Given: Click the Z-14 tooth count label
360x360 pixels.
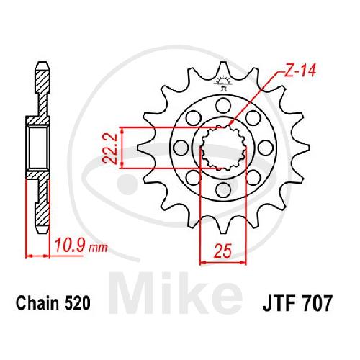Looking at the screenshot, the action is pyautogui.click(x=300, y=71).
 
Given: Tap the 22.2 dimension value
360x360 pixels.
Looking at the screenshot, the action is pyautogui.click(x=109, y=149).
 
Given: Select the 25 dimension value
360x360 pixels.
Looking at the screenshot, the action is pyautogui.click(x=223, y=251).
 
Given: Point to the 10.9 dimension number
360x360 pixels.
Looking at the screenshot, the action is pyautogui.click(x=71, y=245).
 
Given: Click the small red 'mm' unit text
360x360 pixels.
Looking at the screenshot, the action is pyautogui.click(x=98, y=248).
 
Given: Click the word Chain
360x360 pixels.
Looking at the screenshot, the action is pyautogui.click(x=38, y=303).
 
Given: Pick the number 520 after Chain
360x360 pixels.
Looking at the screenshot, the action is pyautogui.click(x=77, y=303).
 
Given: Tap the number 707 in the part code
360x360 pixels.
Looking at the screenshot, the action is pyautogui.click(x=318, y=303).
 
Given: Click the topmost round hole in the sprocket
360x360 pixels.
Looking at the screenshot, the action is pyautogui.click(x=223, y=105).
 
